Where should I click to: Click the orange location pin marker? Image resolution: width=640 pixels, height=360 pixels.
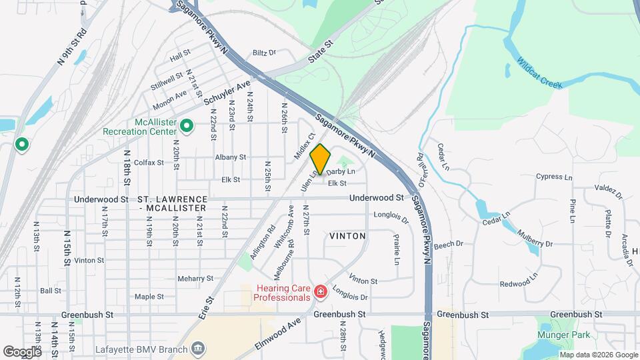[321, 159]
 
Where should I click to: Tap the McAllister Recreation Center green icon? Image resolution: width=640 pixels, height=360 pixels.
[188, 125]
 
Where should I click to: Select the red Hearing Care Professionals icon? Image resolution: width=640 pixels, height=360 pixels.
[321, 291]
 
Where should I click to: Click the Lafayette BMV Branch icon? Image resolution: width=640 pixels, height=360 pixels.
[198, 348]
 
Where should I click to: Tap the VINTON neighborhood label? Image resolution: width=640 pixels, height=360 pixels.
[347, 236]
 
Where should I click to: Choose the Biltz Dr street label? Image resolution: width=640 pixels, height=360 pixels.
[264, 53]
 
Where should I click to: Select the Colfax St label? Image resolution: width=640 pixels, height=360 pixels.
[149, 162]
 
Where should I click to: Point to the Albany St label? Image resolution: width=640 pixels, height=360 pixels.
[231, 157]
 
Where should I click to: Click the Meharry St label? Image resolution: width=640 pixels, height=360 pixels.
[195, 279]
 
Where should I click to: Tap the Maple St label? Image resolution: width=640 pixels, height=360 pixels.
[149, 297]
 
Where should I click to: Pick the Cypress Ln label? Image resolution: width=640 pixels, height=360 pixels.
[554, 177]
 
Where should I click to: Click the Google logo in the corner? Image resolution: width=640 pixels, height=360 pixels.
[22, 351]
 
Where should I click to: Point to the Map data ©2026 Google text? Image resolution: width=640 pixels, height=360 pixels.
[598, 355]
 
